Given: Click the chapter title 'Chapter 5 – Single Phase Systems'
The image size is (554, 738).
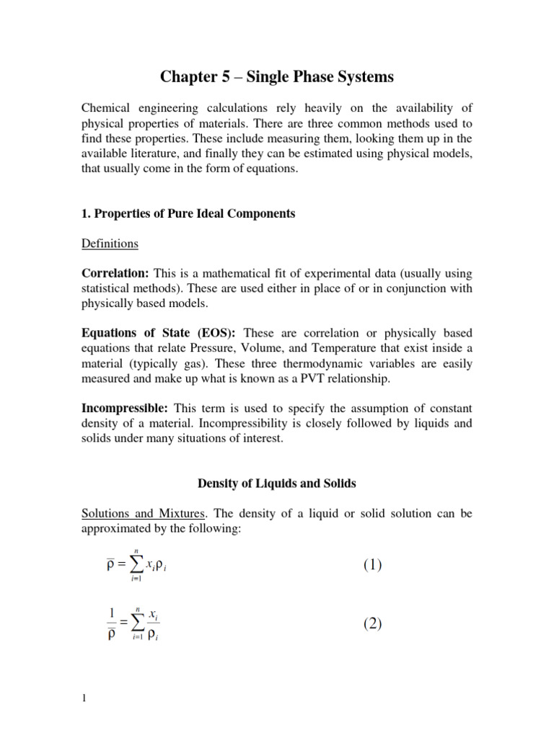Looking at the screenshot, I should tap(277, 76).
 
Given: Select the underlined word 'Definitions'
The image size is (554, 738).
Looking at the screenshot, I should tap(109, 244).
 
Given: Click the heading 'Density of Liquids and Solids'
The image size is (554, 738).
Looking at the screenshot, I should tap(277, 483).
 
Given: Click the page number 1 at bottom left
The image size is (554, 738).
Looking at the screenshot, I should tap(84, 698).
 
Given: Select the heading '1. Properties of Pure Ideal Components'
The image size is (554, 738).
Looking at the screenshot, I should tap(188, 214).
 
